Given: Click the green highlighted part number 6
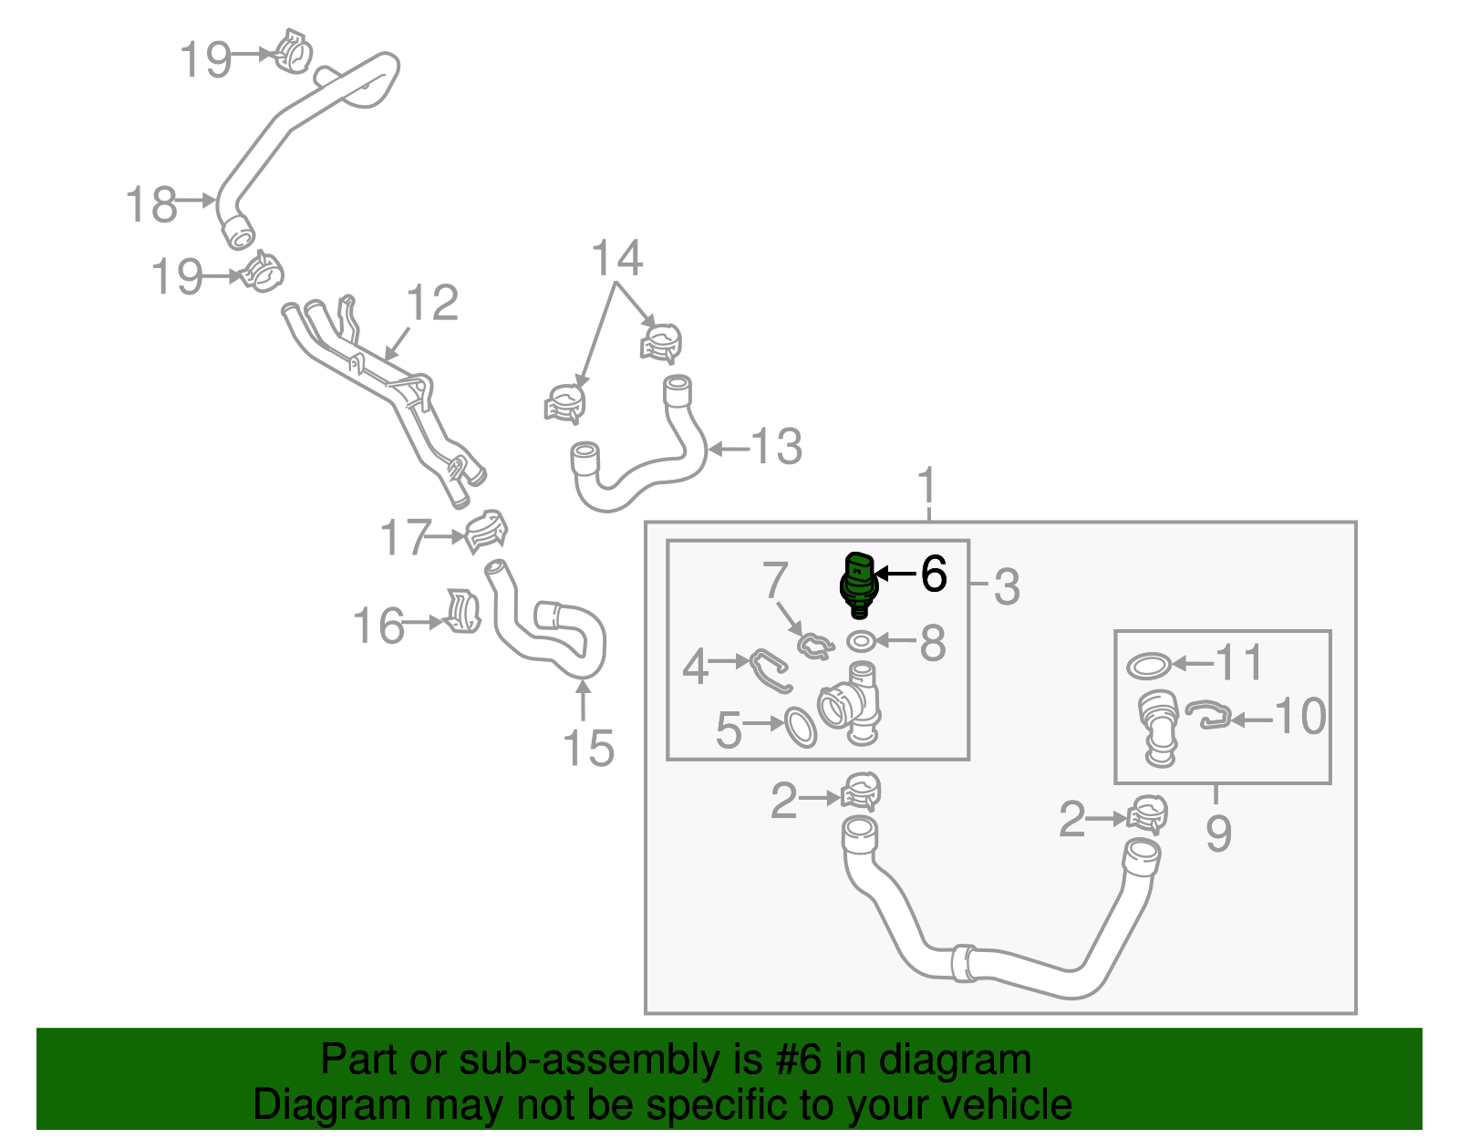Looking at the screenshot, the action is pos(858,584).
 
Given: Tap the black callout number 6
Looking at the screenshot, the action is pos(934,574).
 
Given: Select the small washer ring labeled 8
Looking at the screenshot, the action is pos(861,641).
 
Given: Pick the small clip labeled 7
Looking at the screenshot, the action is pos(814,646).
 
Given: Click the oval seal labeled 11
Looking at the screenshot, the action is pos(1149,666).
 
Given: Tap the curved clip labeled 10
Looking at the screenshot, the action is pos(1209,715).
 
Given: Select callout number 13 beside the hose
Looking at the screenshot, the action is pos(776,447).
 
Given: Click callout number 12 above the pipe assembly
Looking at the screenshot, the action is pos(431,303).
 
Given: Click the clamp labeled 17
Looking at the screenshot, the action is pos(486,532).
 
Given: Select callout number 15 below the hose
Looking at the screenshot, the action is pos(588,749).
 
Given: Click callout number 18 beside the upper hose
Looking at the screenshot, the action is pos(151,204).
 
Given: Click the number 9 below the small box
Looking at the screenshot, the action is pos(1218,833).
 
